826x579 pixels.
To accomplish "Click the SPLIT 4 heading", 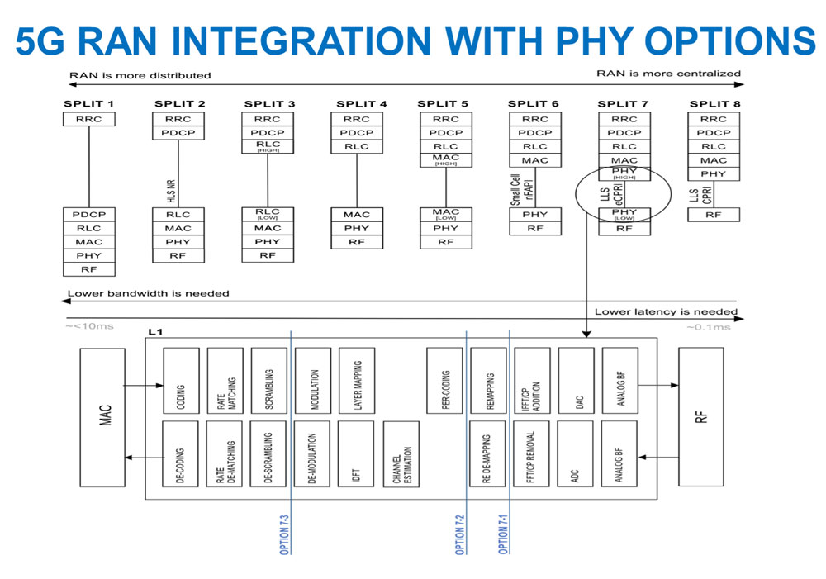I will [361, 103].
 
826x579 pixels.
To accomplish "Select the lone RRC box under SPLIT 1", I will [88, 119].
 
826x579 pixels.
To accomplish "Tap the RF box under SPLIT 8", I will [713, 215].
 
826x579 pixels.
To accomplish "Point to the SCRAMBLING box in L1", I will [269, 380].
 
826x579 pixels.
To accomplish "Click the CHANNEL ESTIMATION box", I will [401, 453].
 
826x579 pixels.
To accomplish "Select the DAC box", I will [576, 380].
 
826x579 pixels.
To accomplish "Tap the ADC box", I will [576, 453].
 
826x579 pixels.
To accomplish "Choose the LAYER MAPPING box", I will [357, 380].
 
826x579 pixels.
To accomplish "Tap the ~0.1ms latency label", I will [708, 328].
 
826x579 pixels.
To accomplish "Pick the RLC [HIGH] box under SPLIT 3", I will [268, 147].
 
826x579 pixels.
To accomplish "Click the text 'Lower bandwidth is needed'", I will [149, 293].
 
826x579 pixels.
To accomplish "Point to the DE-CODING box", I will [181, 453].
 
